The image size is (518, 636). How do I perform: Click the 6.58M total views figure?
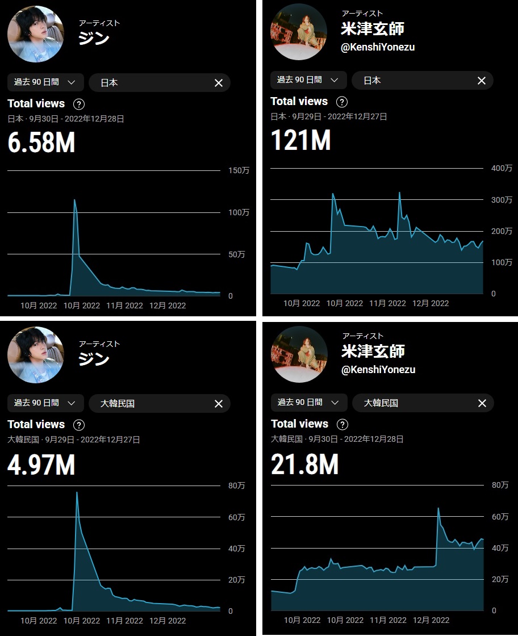click(41, 143)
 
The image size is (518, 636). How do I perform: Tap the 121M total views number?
click(300, 141)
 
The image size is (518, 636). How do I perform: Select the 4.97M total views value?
click(41, 465)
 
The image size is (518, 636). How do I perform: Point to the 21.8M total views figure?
click(304, 464)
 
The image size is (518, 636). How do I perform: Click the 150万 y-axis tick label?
click(238, 170)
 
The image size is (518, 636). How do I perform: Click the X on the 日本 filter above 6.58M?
click(219, 83)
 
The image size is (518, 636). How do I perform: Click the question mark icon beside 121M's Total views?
click(342, 102)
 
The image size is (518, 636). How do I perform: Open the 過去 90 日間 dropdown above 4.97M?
click(45, 403)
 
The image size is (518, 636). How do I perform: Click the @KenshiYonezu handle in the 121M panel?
click(378, 47)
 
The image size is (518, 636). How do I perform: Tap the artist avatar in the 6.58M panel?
click(35, 34)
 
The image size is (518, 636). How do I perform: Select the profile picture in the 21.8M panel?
click(299, 354)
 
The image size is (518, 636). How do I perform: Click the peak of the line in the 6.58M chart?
click(74, 200)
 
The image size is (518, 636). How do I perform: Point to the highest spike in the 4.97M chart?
click(77, 492)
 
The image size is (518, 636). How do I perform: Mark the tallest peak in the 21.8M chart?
click(438, 508)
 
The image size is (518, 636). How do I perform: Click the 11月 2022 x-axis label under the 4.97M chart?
click(125, 621)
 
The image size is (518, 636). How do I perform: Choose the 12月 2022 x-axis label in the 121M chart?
click(431, 303)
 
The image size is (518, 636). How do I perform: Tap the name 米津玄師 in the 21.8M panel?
click(373, 350)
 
